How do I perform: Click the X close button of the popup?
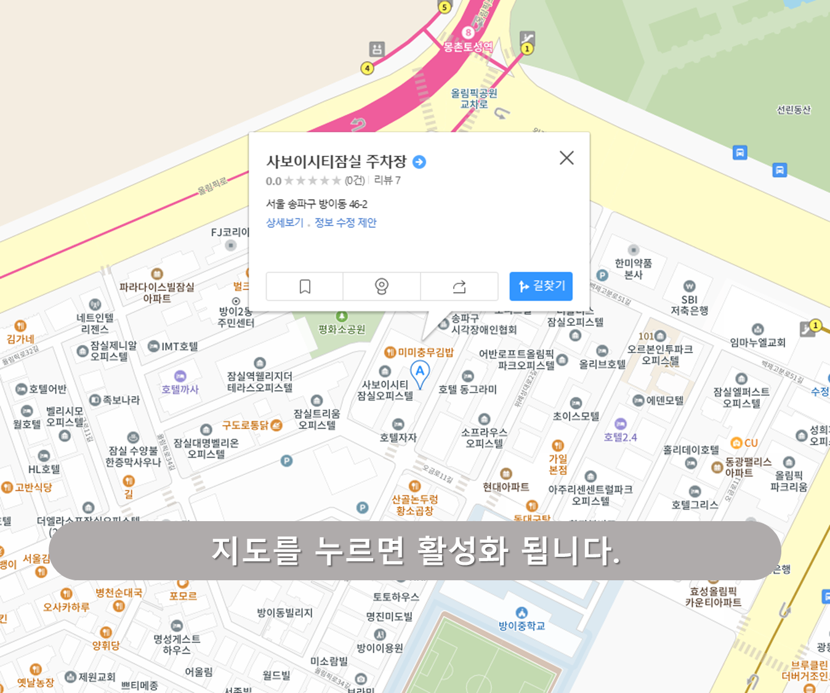(566, 158)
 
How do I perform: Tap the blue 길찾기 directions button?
(541, 286)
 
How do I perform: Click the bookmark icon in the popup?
(305, 286)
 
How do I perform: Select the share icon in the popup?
(459, 286)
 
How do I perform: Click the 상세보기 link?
(284, 222)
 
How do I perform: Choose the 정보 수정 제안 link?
(345, 222)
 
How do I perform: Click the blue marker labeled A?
(420, 372)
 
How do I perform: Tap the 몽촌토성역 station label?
(468, 46)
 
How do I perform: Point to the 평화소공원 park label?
(342, 329)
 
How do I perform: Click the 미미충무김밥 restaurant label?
(425, 352)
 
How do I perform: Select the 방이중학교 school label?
(522, 625)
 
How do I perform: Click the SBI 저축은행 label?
(689, 305)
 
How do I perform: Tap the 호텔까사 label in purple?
(180, 389)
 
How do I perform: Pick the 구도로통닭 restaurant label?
(246, 425)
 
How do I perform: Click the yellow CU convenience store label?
(751, 443)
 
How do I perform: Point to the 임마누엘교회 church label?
(757, 342)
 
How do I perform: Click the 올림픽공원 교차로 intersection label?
(473, 99)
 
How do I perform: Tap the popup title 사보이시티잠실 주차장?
(336, 161)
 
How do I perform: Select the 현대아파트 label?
(506, 487)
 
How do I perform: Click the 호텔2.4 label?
(620, 437)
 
